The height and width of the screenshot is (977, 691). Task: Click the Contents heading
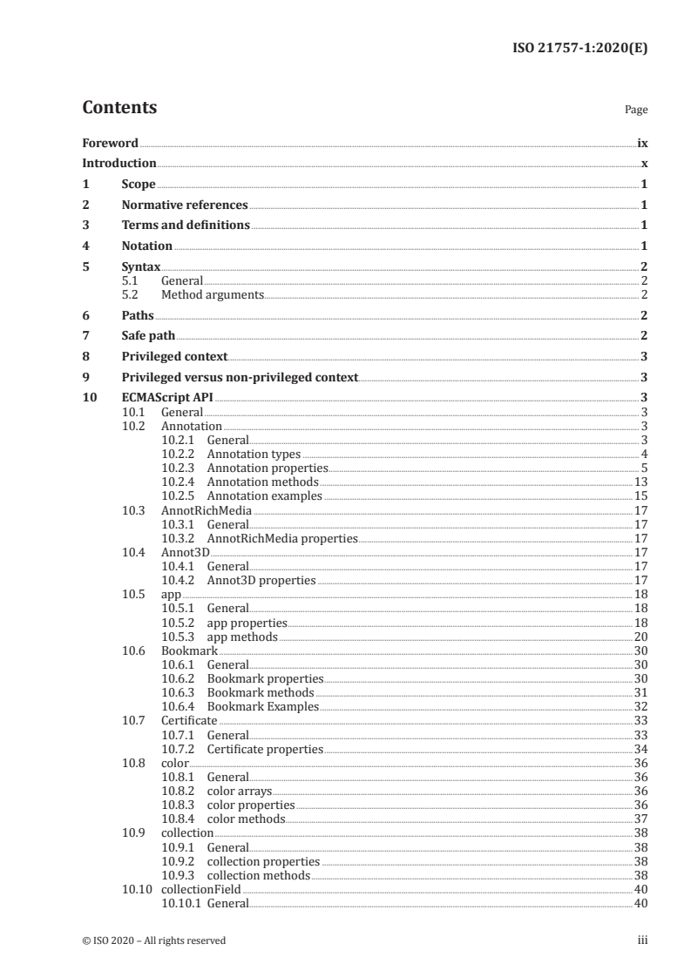tap(119, 108)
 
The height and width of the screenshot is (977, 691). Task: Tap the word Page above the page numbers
tap(636, 111)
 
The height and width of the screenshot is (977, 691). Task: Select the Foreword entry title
tap(110, 143)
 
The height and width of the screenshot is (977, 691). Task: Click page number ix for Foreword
tap(642, 143)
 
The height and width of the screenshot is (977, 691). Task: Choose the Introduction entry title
tap(119, 164)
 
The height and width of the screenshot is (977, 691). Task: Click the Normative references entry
tap(185, 206)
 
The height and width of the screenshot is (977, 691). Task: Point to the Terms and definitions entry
tap(186, 226)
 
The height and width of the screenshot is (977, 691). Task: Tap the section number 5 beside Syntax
tap(85, 267)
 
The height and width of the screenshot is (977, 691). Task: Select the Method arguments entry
tap(213, 295)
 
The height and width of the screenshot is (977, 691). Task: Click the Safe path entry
tap(148, 335)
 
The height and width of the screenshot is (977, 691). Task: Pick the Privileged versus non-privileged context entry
tap(240, 377)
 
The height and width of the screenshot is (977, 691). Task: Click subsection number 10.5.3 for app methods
tap(180, 637)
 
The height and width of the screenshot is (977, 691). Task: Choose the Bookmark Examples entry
tap(262, 707)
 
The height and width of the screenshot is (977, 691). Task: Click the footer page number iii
tap(642, 940)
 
